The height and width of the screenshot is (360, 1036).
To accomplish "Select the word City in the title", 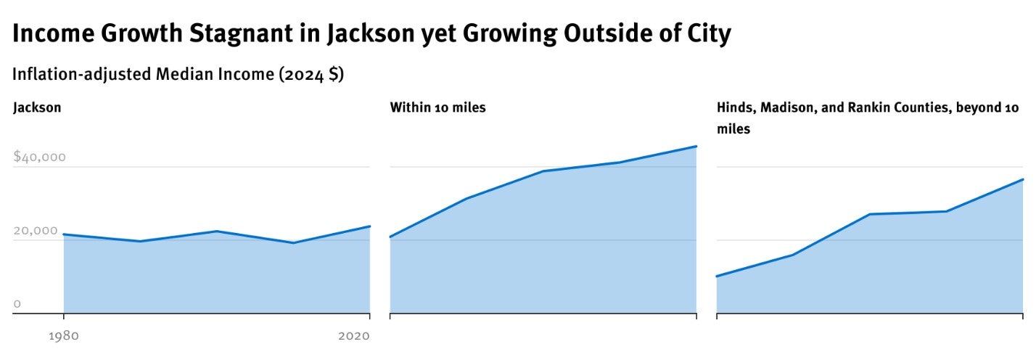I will tap(703, 33).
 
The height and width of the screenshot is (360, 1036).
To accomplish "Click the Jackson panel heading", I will tap(37, 107).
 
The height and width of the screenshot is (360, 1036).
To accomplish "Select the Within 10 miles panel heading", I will tap(437, 107).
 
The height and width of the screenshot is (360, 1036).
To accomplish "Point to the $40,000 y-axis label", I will tap(40, 157).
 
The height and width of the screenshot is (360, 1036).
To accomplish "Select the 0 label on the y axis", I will tap(17, 303).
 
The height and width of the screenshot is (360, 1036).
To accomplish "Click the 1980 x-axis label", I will tap(64, 336).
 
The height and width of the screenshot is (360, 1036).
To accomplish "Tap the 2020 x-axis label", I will tap(354, 336).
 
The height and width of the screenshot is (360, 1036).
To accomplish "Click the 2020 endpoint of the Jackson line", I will tap(369, 226).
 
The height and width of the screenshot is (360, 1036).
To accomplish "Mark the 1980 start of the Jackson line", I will tap(64, 234).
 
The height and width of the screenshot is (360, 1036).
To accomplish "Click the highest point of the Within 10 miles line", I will tap(696, 147).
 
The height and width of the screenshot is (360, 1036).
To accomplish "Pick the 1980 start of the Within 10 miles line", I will tap(390, 237).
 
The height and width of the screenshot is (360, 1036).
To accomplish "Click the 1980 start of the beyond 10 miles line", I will tap(718, 276).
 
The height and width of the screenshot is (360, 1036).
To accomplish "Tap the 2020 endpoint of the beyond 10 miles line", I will tap(1022, 179).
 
